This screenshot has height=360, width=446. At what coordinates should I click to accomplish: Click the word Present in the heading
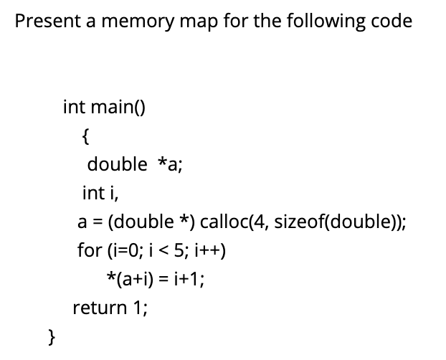pyautogui.click(x=44, y=21)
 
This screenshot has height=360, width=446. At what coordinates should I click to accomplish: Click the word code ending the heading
pyautogui.click(x=394, y=21)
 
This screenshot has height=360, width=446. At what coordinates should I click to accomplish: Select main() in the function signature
pyautogui.click(x=118, y=108)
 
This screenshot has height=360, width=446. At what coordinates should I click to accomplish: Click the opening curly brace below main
pyautogui.click(x=86, y=135)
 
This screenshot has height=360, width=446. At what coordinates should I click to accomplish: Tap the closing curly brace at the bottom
pyautogui.click(x=51, y=335)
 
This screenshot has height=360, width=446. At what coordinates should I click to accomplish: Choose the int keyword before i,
pyautogui.click(x=92, y=193)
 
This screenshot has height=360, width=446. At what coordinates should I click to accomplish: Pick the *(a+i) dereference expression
pyautogui.click(x=127, y=279)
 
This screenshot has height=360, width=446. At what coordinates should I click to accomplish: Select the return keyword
pyautogui.click(x=95, y=308)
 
